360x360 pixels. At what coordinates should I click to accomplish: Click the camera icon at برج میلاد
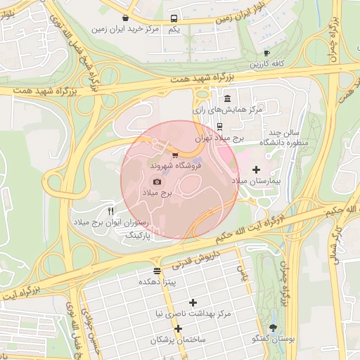[x=157, y=181]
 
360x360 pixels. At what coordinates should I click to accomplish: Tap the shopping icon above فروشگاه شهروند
[x=175, y=154]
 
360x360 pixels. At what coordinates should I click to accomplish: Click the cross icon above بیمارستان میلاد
[x=256, y=169]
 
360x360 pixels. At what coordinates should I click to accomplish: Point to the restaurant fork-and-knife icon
[x=110, y=211]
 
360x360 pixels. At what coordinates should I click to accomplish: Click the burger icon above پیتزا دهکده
[x=156, y=271]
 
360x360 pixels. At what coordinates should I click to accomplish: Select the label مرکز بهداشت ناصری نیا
[x=193, y=313]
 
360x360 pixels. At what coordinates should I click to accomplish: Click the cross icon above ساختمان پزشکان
[x=178, y=328]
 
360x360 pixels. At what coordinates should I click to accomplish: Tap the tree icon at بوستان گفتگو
[x=273, y=328]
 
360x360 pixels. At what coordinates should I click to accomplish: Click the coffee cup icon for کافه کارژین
[x=266, y=53]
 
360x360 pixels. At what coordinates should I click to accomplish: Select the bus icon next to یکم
[x=174, y=19]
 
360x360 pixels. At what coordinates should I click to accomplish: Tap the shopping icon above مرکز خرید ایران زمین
[x=125, y=18]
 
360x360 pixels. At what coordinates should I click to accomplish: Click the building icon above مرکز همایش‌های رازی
[x=226, y=99]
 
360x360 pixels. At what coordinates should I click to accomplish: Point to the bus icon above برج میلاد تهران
[x=220, y=127]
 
